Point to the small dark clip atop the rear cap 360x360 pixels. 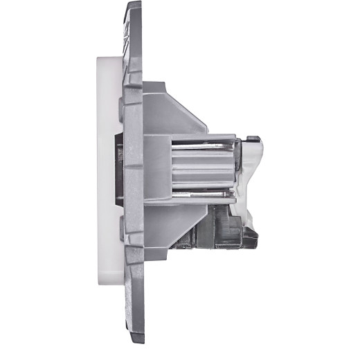(x=253, y=138)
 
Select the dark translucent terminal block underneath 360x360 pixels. (x=222, y=225)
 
